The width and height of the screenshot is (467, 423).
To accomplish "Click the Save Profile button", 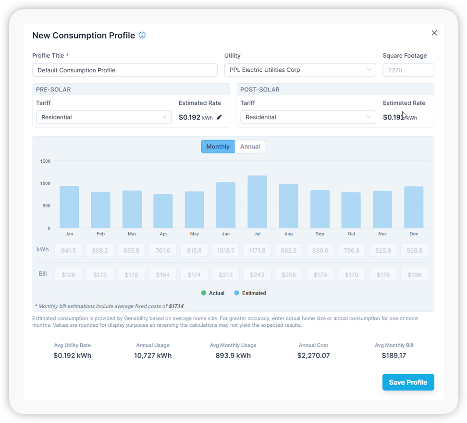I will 408,382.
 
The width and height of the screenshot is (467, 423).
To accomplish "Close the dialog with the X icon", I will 434,33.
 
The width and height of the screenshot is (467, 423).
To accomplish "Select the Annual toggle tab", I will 250,146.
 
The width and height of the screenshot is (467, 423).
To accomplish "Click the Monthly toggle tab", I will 218,146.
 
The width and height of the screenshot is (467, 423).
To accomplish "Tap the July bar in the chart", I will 257,202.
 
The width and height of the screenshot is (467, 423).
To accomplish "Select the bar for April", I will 163,211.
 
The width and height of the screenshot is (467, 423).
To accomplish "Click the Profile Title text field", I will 125,70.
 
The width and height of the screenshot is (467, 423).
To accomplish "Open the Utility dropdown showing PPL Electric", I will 300,70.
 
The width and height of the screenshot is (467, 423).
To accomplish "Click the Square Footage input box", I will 408,70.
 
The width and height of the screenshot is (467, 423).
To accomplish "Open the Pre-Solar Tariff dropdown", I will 104,117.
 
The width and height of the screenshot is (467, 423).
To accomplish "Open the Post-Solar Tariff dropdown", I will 308,117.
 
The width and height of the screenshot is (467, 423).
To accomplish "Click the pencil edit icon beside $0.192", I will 219,117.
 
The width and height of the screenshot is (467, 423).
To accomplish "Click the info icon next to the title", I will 142,35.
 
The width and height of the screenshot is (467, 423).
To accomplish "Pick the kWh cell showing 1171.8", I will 257,250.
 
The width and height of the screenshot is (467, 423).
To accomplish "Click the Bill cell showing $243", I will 257,275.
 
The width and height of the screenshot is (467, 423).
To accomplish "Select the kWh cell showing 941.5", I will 69,250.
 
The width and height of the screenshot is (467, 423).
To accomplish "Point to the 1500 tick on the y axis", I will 45,161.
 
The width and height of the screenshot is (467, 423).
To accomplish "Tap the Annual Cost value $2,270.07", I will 313,356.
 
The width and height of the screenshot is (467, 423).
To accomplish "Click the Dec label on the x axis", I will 414,234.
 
